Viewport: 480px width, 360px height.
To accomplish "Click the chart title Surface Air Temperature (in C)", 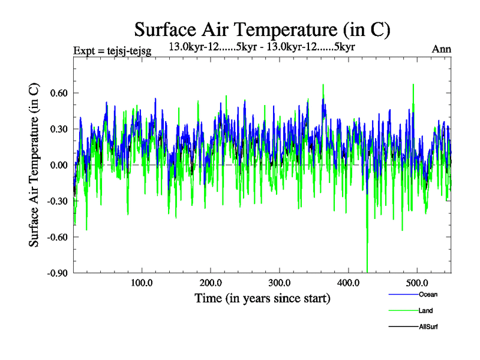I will (x=262, y=29).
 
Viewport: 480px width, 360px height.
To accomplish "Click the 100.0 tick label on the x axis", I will (x=142, y=283).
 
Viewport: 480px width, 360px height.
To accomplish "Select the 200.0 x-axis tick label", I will (x=211, y=283).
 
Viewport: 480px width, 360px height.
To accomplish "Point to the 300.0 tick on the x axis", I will (x=280, y=283).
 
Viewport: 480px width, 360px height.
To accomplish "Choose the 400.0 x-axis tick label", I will (x=349, y=283).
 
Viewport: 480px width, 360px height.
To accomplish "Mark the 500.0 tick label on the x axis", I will (x=417, y=283).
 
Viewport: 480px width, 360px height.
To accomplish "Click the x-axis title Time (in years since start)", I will (x=262, y=298).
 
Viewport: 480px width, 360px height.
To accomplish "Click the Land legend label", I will (x=425, y=310).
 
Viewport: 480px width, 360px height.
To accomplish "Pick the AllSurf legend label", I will (x=428, y=326).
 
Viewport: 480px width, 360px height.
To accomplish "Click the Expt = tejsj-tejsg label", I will (x=112, y=50).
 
